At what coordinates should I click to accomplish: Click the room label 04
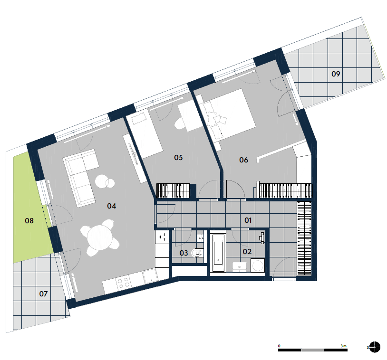pyautogui.click(x=112, y=206)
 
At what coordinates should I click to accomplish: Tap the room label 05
pyautogui.click(x=178, y=157)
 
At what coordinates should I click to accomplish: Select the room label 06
pyautogui.click(x=243, y=160)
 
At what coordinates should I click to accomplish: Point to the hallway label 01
pyautogui.click(x=248, y=220)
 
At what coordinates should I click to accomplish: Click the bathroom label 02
pyautogui.click(x=247, y=252)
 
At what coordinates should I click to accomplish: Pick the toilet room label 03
pyautogui.click(x=184, y=253)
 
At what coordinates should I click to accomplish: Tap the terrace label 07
pyautogui.click(x=43, y=294)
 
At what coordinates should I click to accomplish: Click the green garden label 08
pyautogui.click(x=29, y=220)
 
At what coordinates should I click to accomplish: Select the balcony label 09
pyautogui.click(x=336, y=74)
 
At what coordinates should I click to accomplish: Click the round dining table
pyautogui.click(x=100, y=237)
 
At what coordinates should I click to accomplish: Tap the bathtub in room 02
pyautogui.click(x=218, y=253)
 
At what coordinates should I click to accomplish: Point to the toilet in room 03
pyautogui.click(x=198, y=253)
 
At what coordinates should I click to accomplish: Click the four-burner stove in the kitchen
pyautogui.click(x=123, y=283)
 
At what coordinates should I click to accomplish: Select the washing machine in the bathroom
pyautogui.click(x=258, y=265)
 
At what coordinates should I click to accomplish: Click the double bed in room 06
pyautogui.click(x=227, y=115)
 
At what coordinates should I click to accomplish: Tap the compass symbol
pyautogui.click(x=375, y=347)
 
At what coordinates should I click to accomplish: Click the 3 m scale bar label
pyautogui.click(x=343, y=346)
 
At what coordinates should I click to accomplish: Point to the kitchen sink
pyautogui.click(x=150, y=275)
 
